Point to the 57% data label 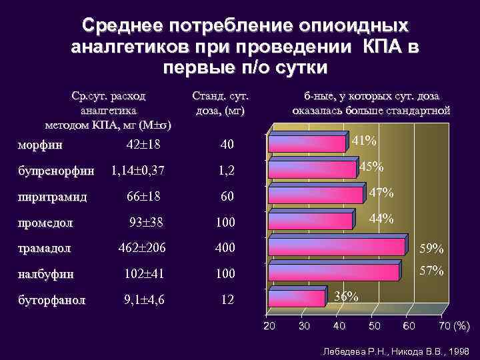point(431,271)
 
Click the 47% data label point(381,193)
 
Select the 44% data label point(381,219)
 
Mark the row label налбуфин point(47,273)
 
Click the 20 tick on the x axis point(269,326)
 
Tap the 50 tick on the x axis point(375,326)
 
